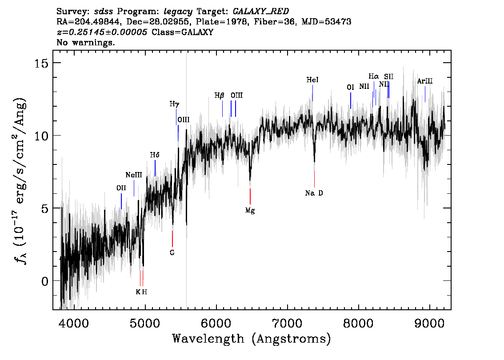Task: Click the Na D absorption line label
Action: click(x=314, y=193)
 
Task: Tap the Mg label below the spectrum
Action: click(x=250, y=211)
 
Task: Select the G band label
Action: click(x=172, y=252)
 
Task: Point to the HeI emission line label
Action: click(x=312, y=80)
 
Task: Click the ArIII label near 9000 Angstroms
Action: click(x=425, y=81)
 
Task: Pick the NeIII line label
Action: click(x=134, y=175)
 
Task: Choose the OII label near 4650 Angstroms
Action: click(x=121, y=188)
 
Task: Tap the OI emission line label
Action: click(x=350, y=87)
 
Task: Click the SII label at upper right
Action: click(x=388, y=76)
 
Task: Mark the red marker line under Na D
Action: click(x=314, y=179)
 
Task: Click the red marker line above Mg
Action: click(x=250, y=196)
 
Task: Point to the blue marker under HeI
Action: click(x=312, y=93)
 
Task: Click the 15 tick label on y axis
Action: click(x=41, y=63)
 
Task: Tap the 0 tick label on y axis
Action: click(x=45, y=281)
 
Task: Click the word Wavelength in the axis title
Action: click(x=208, y=339)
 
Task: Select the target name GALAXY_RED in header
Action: click(x=261, y=11)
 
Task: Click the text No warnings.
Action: click(x=85, y=42)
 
